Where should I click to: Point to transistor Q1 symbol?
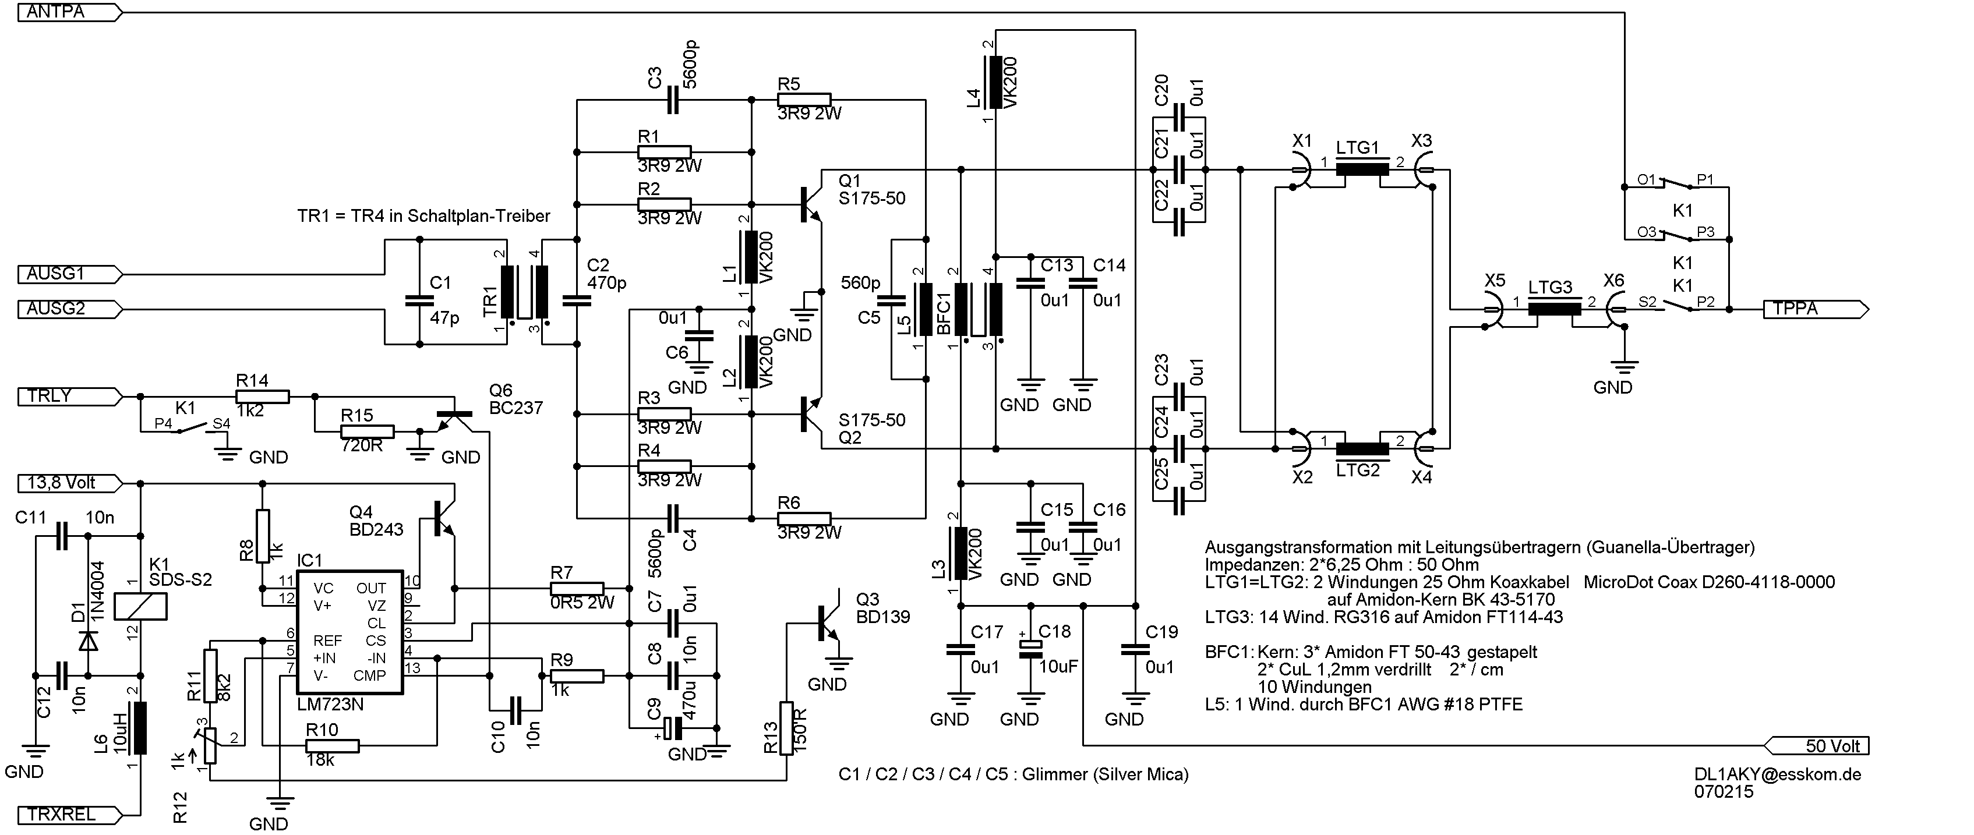tap(811, 204)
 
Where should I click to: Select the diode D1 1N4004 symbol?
tap(88, 640)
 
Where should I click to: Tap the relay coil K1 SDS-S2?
tap(140, 607)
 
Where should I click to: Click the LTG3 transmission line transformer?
tap(1553, 309)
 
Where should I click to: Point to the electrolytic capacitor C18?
tap(1030, 648)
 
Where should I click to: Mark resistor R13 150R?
tap(786, 728)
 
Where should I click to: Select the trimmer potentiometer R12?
tap(209, 745)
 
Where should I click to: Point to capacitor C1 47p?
tap(419, 299)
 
